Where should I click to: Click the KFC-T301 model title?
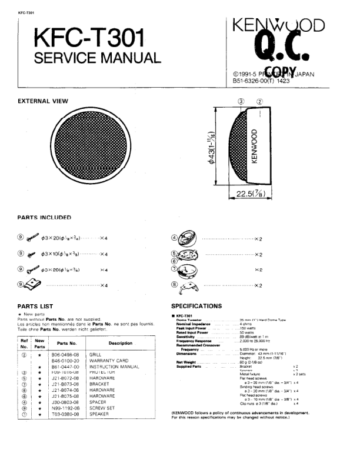[x=88, y=39]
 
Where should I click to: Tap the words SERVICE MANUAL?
[x=97, y=58]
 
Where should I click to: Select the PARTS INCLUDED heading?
[x=44, y=217]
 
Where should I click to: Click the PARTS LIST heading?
[x=35, y=307]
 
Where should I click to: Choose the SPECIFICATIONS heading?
[x=196, y=307]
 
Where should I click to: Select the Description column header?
[x=121, y=343]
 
